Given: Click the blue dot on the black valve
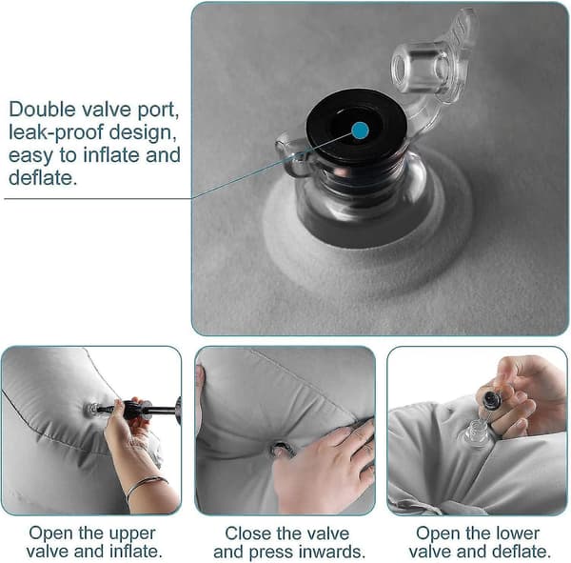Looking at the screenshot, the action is pyautogui.click(x=361, y=131).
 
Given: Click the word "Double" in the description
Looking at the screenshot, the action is pyautogui.click(x=42, y=109).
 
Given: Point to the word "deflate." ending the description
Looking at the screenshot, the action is pyautogui.click(x=43, y=177).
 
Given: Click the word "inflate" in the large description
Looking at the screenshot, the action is pyautogui.click(x=111, y=154).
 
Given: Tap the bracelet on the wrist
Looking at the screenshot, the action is pyautogui.click(x=147, y=484).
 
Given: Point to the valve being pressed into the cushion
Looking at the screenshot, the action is pyautogui.click(x=282, y=450).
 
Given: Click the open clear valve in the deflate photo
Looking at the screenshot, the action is pyautogui.click(x=476, y=432).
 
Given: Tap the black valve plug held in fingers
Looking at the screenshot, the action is pyautogui.click(x=492, y=400).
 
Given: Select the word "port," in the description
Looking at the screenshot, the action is pyautogui.click(x=158, y=111).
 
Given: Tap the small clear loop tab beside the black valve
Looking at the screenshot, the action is pyautogui.click(x=292, y=156).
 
